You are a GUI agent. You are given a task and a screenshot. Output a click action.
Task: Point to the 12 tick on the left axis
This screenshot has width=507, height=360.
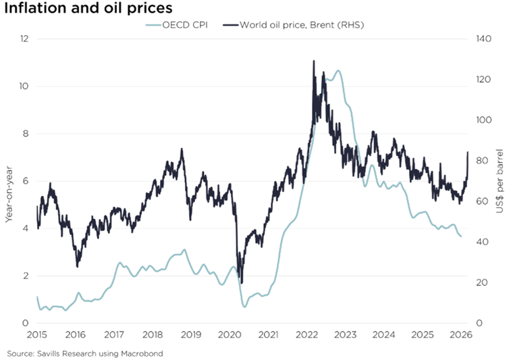[24, 39]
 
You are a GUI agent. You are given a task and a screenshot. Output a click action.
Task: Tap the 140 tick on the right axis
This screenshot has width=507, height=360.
[484, 39]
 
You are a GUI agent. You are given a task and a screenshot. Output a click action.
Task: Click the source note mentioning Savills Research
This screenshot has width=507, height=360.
[85, 353]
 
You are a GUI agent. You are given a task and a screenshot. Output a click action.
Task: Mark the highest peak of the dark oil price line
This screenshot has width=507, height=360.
[314, 61]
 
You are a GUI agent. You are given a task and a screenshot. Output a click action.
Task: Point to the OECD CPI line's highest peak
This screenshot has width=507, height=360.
[338, 71]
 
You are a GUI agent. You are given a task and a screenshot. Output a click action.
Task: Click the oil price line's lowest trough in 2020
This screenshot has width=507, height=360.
[242, 283]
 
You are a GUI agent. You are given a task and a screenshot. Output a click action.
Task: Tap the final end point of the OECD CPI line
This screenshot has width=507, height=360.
[461, 236]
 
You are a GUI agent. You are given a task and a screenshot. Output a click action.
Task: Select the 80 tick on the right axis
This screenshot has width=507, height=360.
[482, 161]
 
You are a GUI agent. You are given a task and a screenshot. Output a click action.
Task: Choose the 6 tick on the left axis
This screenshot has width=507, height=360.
[25, 181]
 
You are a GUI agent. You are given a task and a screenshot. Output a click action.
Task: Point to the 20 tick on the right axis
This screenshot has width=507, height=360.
[482, 282]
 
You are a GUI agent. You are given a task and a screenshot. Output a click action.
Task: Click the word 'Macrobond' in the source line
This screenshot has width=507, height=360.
[144, 353]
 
